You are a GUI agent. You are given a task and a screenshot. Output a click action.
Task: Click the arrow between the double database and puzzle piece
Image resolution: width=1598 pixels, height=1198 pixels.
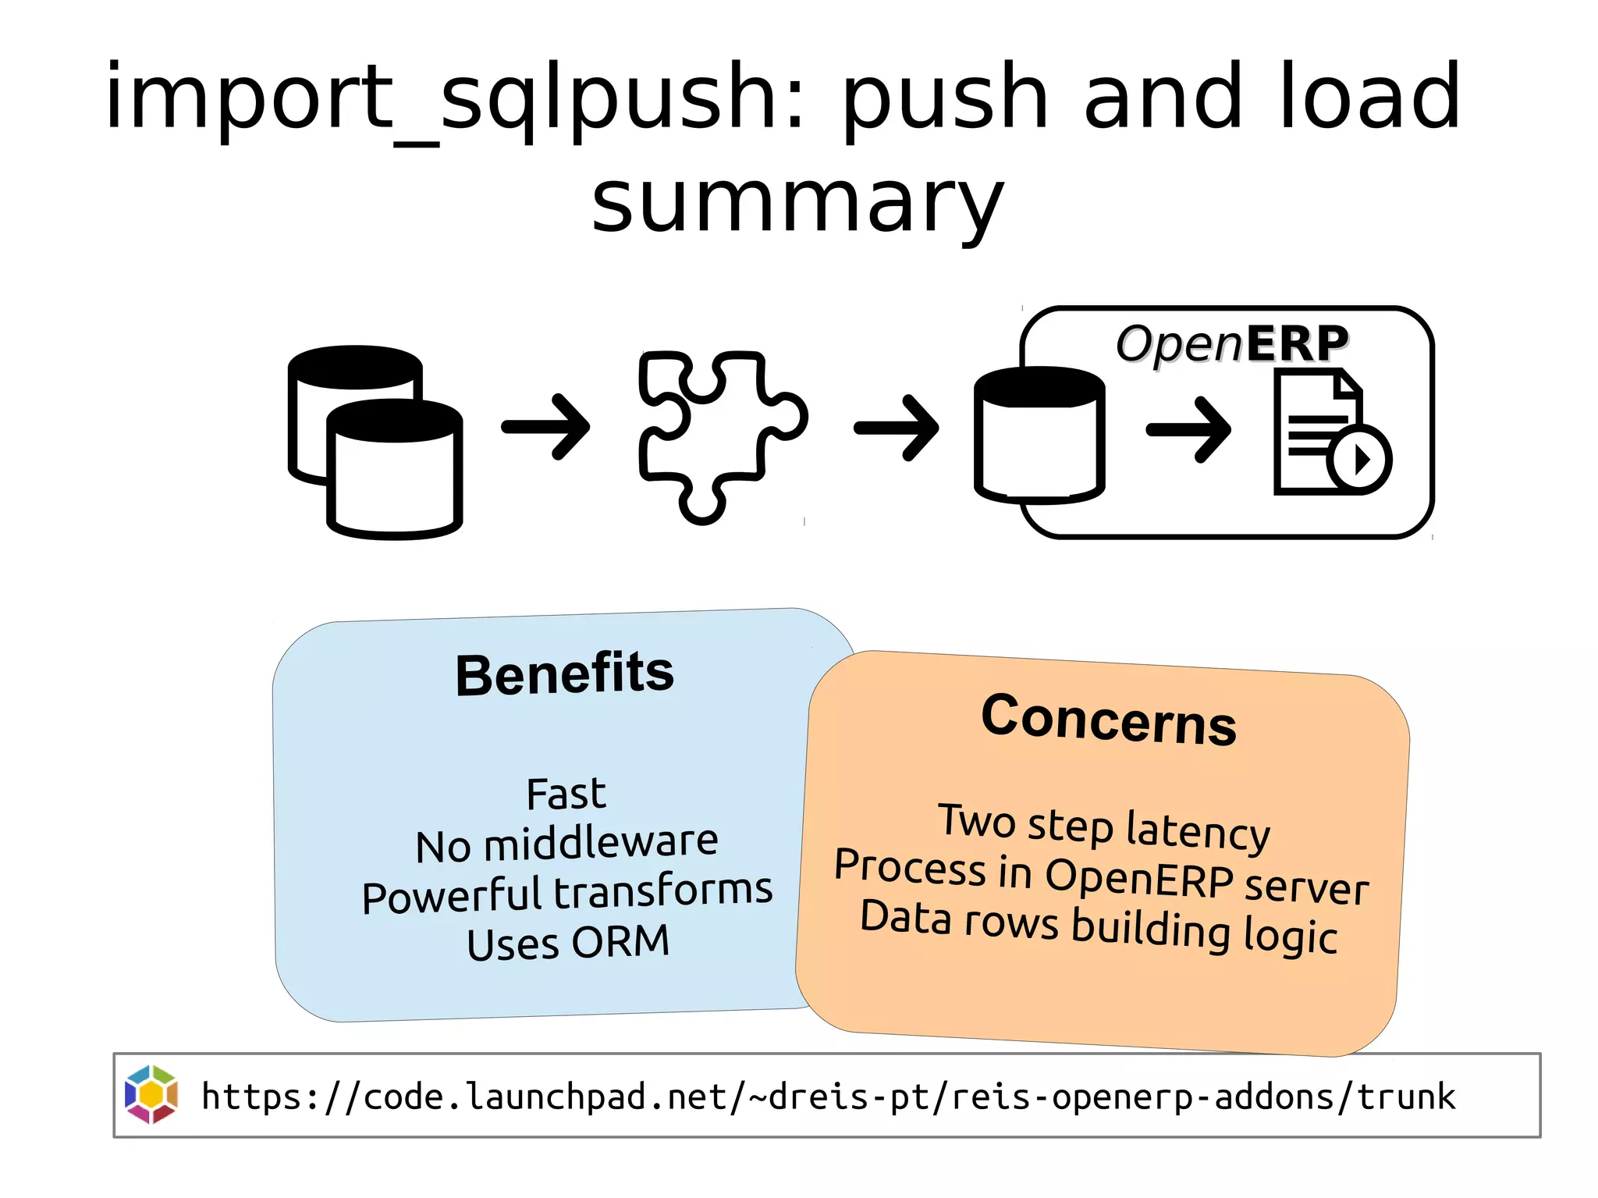click(546, 427)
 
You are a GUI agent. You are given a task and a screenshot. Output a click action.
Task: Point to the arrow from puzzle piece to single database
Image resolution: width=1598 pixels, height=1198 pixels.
click(897, 427)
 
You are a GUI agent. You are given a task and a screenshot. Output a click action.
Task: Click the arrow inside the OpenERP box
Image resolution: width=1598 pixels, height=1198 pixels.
click(1189, 429)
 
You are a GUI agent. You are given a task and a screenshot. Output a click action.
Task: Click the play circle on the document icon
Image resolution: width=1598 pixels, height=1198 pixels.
click(1359, 460)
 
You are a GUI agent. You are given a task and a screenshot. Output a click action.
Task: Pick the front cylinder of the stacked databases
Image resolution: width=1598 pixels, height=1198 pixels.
click(395, 472)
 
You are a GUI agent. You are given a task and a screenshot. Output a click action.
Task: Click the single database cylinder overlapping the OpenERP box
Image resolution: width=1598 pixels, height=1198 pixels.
click(1039, 437)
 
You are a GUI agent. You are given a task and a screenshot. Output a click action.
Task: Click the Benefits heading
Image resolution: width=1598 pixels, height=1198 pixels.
click(565, 674)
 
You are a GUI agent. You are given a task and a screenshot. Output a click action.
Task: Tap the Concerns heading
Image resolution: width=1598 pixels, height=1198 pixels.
click(1108, 720)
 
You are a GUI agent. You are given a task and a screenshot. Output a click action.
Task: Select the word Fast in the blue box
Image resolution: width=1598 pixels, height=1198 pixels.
click(566, 795)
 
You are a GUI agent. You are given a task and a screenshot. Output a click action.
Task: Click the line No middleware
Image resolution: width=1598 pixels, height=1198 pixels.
click(566, 844)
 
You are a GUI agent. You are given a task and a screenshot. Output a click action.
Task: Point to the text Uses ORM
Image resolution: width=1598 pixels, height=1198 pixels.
click(568, 943)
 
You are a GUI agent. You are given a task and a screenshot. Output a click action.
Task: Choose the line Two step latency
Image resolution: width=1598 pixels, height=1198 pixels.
click(1104, 827)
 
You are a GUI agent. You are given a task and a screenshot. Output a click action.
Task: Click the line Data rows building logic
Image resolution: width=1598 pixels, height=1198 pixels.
click(1099, 926)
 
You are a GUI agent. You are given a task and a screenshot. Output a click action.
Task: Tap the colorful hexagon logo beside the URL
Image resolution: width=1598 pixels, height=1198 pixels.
click(151, 1094)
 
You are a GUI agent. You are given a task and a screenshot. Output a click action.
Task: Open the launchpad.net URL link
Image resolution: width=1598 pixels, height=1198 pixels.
click(827, 1097)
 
